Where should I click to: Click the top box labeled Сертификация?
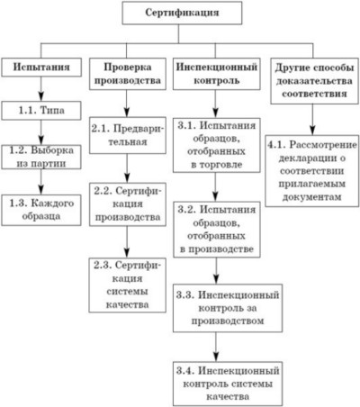pyautogui.click(x=182, y=13)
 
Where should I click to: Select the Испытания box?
pyautogui.click(x=41, y=67)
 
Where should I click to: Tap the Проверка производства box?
pyautogui.click(x=128, y=74)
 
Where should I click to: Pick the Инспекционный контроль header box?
pyautogui.click(x=217, y=74)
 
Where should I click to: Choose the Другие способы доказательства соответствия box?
pyautogui.click(x=314, y=81)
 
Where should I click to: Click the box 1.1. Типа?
pyautogui.click(x=41, y=111)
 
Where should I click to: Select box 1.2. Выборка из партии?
pyautogui.click(x=41, y=157)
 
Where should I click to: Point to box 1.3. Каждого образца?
pyautogui.click(x=41, y=210)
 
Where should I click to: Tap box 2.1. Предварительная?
pyautogui.click(x=128, y=135)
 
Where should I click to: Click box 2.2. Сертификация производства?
pyautogui.click(x=128, y=204)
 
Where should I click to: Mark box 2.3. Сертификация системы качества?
pyautogui.click(x=127, y=285)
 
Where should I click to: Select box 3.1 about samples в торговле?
pyautogui.click(x=217, y=145)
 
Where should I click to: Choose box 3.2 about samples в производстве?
pyautogui.click(x=217, y=230)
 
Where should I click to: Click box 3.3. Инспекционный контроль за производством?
pyautogui.click(x=228, y=308)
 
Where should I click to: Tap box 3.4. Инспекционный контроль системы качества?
pyautogui.click(x=228, y=384)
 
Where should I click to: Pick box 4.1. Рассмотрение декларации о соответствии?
pyautogui.click(x=312, y=171)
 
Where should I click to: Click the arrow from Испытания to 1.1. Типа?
pyautogui.click(x=41, y=89)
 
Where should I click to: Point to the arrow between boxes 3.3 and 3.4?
pyautogui.click(x=216, y=347)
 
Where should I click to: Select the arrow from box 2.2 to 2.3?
pyautogui.click(x=127, y=242)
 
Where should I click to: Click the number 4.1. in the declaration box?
pyautogui.click(x=276, y=144)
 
